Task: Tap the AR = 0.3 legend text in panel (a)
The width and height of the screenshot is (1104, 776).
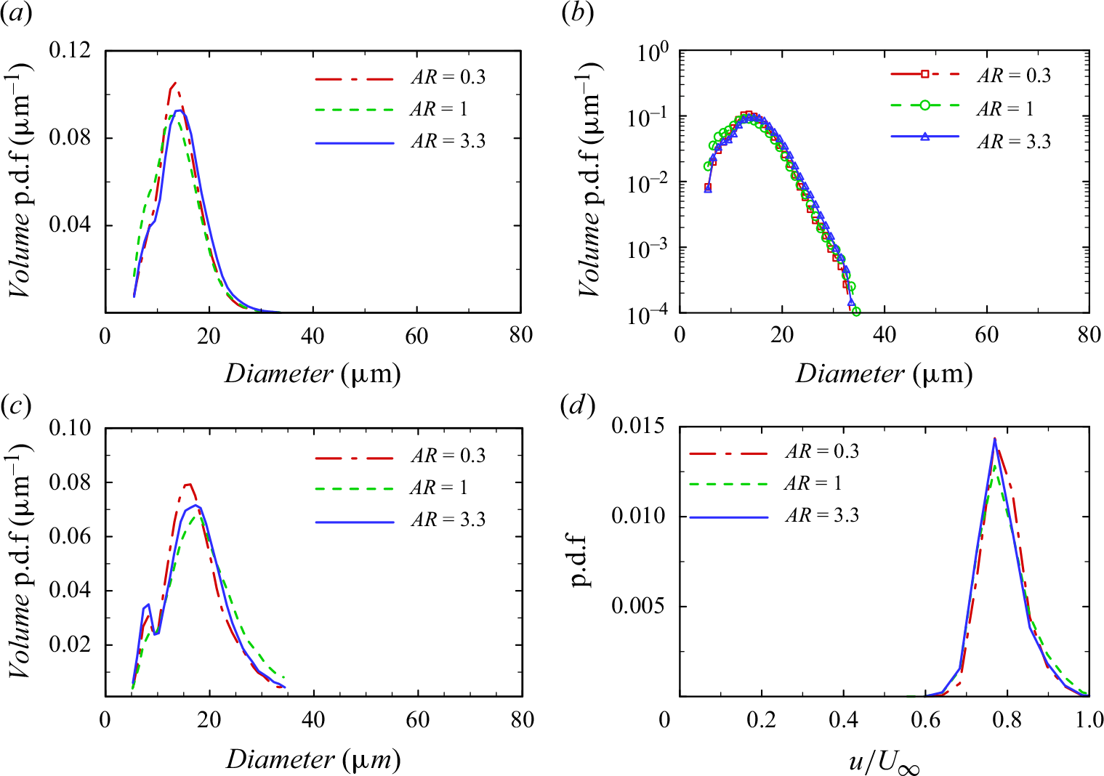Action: (x=448, y=77)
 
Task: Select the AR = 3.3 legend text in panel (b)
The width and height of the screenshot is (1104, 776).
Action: (x=1013, y=141)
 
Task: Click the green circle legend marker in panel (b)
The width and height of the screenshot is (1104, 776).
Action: (x=924, y=105)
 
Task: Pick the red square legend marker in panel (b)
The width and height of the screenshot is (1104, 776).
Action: (x=924, y=73)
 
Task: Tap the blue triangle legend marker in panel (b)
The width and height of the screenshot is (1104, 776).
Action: (x=924, y=136)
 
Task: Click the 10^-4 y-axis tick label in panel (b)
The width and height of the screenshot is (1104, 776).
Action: (x=649, y=314)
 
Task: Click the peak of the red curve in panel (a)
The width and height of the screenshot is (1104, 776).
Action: (x=174, y=83)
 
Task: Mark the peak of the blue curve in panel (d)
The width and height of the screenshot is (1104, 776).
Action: (x=994, y=438)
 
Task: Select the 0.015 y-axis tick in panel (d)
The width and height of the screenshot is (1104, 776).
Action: (x=639, y=426)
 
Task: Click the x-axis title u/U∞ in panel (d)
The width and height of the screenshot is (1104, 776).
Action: (x=884, y=763)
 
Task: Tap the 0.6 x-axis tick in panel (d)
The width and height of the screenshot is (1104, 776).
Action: (x=925, y=719)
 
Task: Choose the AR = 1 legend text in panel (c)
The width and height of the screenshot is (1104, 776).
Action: (x=439, y=488)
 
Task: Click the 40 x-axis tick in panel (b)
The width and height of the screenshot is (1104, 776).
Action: (x=885, y=335)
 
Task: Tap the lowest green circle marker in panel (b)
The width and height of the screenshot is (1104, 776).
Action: (x=856, y=312)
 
